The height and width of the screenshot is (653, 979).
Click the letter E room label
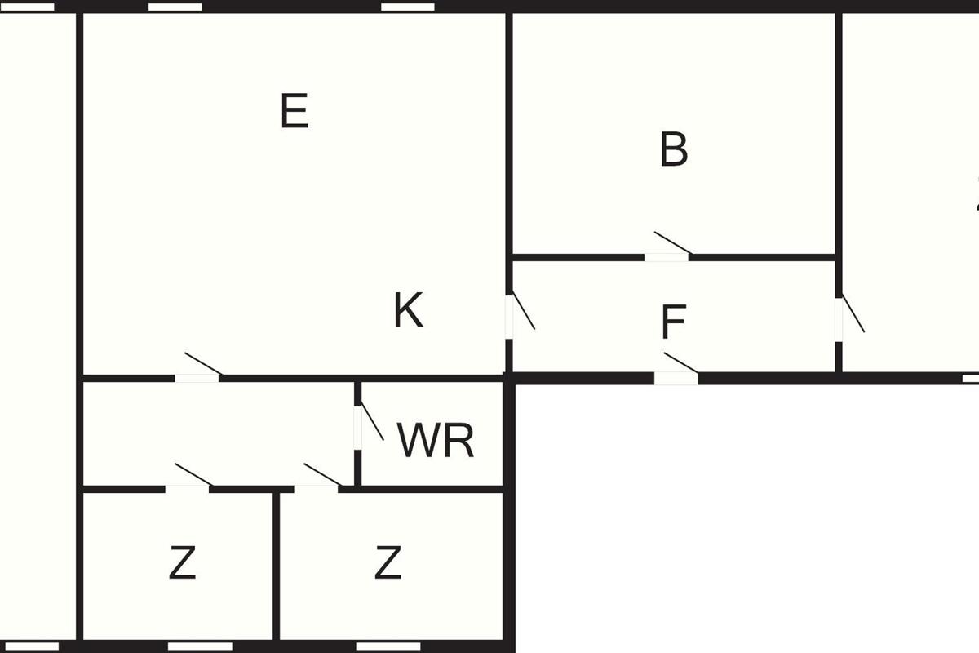295,112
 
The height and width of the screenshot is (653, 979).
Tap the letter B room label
674,150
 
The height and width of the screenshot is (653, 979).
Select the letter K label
408,311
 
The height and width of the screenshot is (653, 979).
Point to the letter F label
674,323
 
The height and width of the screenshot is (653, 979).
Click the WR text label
436,441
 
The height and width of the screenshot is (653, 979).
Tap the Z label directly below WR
388,563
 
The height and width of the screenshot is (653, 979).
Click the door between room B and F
667,256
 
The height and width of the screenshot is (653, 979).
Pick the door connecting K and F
510,316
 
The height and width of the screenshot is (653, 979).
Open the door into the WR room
358,426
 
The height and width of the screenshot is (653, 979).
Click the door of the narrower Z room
188,488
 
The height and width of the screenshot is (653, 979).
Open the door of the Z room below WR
317,488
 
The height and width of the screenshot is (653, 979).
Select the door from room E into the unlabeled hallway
197,377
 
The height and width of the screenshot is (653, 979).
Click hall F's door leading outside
676,378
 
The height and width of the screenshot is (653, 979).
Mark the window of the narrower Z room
188,646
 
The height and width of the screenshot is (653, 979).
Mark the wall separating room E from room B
509,131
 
